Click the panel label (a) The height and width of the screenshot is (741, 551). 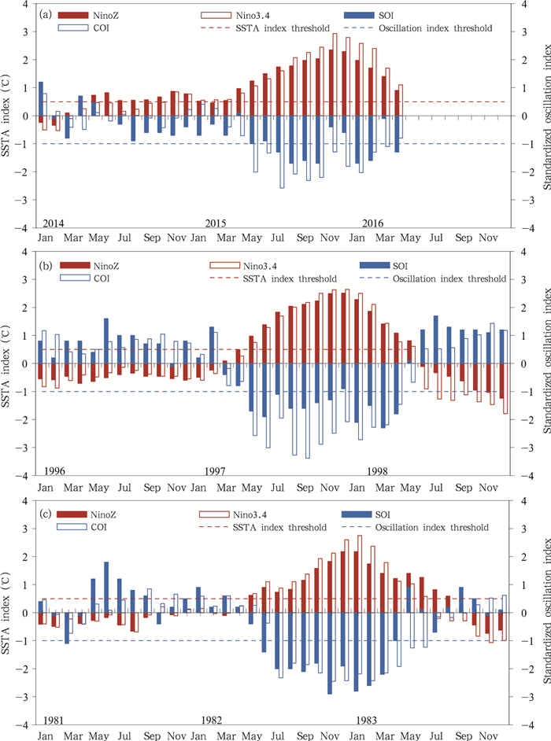point(48,14)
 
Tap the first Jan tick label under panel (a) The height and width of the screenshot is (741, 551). point(45,238)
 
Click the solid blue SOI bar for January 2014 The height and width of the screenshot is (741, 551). point(40,98)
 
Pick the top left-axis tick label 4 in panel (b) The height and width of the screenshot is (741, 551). point(25,252)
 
